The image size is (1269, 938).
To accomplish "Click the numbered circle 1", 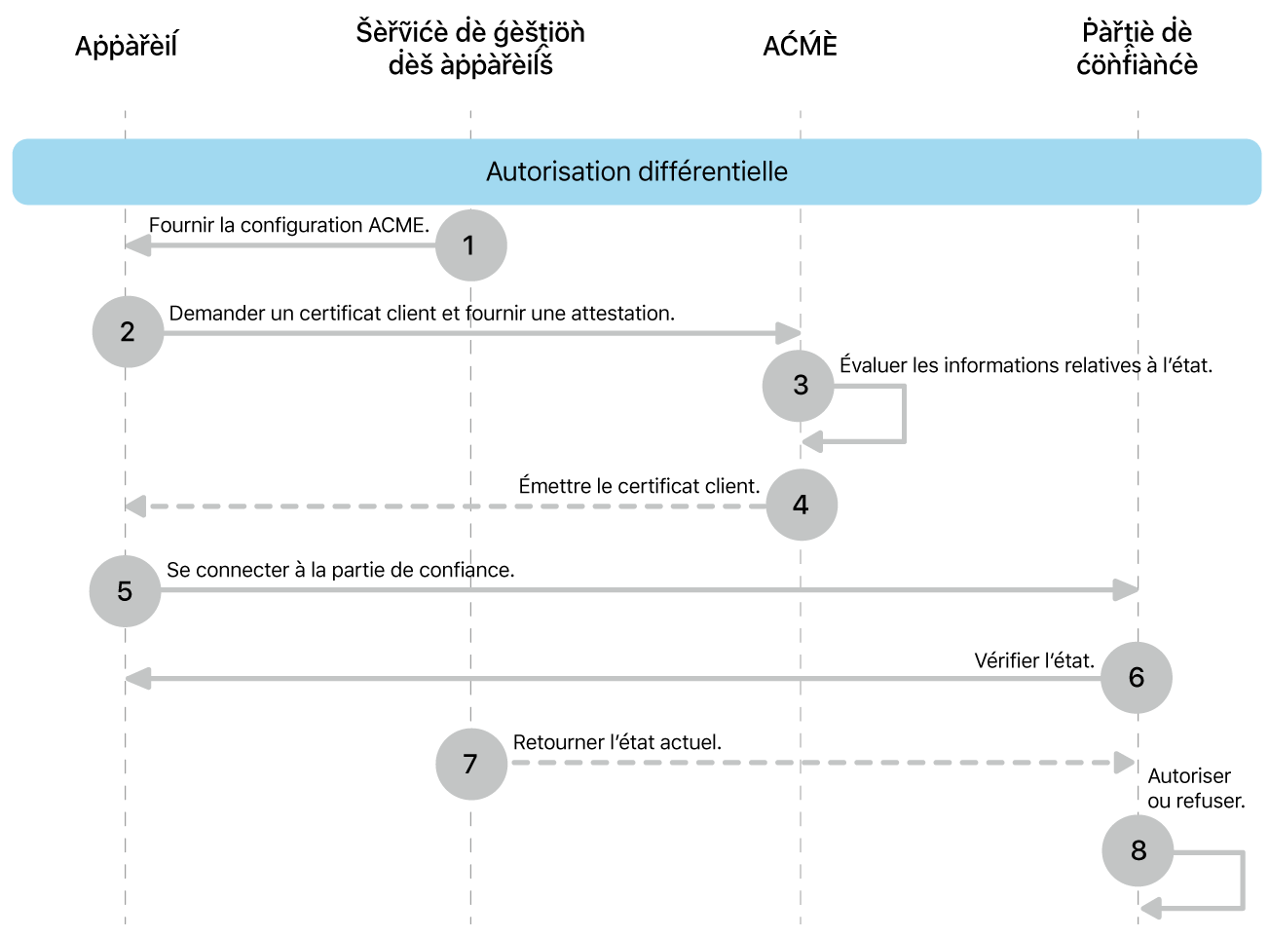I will pos(470,245).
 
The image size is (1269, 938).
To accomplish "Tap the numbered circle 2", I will pos(128,332).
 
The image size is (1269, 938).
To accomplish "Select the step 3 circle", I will pos(799,386).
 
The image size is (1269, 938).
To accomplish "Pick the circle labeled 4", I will pos(801,505).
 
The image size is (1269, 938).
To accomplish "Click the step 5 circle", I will pos(125,591).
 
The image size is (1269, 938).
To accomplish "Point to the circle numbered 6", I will pos(1136,678).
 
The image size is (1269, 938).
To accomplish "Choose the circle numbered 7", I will pos(470,764).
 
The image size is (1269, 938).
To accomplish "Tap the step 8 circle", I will pos(1138,850).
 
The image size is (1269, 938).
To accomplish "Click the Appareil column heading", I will pos(127,46).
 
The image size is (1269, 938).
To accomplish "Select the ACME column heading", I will pos(800,46).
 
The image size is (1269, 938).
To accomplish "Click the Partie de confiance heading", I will pos(1137,49).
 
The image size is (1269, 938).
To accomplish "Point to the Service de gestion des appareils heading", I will pos(470,49).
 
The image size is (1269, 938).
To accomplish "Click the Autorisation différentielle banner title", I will pos(637,171).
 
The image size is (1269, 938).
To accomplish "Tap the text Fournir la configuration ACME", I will pos(288,225).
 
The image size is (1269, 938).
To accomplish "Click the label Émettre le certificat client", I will pos(639,486).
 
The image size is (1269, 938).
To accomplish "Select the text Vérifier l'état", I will pos(1034,660).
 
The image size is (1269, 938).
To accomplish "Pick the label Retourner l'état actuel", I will pos(617,742).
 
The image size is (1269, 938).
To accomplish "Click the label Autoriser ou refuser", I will pos(1195,788).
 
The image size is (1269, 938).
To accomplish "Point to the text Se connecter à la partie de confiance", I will pos(340,570).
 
